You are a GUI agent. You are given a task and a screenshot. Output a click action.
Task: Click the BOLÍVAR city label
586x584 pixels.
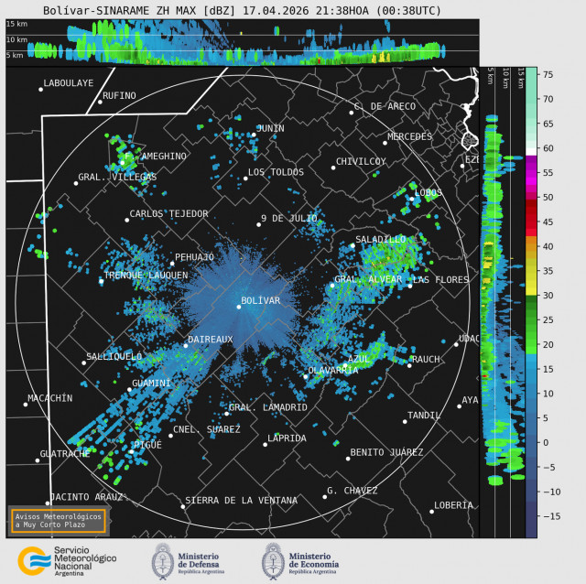[261, 300]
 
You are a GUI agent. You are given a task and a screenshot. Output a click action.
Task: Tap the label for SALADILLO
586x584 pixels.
[380, 239]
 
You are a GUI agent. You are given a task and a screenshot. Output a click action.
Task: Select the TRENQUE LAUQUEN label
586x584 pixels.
[146, 275]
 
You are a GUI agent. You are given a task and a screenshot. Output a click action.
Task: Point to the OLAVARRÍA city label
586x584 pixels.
[332, 370]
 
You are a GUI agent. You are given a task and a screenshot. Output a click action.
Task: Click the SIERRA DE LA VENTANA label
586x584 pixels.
[241, 501]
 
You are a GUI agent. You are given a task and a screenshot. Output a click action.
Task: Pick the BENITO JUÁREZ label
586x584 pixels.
[386, 452]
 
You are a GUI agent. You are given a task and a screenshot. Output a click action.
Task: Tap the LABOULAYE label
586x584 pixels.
[69, 83]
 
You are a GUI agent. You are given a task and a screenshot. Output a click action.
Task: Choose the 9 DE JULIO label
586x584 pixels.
[288, 218]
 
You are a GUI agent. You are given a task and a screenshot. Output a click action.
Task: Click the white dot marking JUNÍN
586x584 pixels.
[254, 135]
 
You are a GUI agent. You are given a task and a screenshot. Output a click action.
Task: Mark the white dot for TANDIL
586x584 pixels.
[404, 421]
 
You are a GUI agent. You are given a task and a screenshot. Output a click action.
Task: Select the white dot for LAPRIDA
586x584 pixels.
[266, 445]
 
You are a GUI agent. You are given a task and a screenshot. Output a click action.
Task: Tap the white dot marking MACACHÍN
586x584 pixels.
[26, 404]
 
